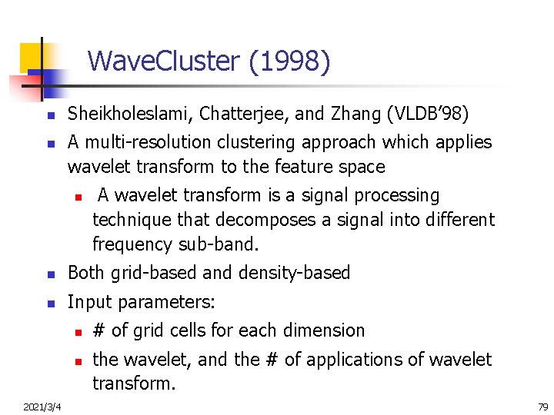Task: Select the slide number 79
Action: pyautogui.click(x=542, y=407)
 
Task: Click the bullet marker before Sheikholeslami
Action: pyautogui.click(x=48, y=116)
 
